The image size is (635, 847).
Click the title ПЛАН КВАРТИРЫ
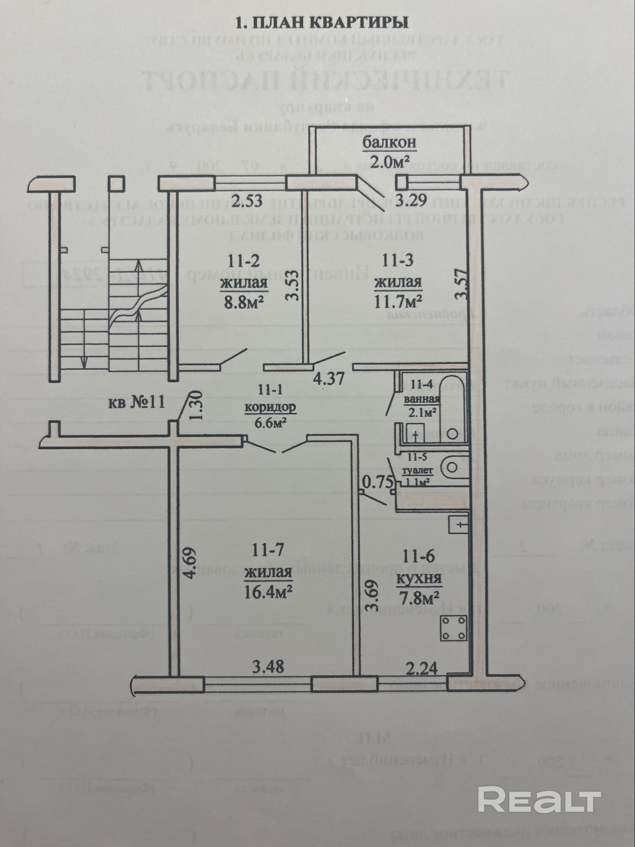click(322, 22)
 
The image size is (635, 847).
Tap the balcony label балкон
click(389, 143)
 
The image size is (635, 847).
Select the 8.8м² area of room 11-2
click(244, 302)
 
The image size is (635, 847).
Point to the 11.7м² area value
click(398, 302)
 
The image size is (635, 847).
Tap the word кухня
click(419, 578)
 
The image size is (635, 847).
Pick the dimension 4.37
click(329, 378)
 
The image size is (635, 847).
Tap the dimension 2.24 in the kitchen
click(422, 669)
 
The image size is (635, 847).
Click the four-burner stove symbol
click(454, 628)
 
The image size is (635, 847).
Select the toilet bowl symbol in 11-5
click(452, 468)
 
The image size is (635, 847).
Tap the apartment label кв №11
click(137, 402)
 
